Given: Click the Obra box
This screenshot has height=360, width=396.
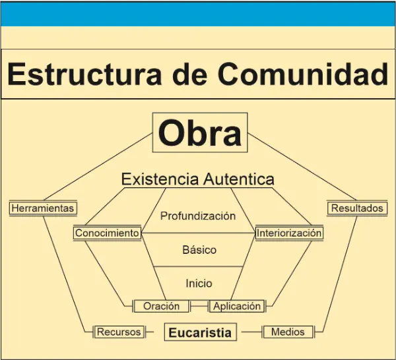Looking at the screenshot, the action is pos(200,133).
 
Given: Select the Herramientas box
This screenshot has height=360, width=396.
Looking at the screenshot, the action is pos(43,208).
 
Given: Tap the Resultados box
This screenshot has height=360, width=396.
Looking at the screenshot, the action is pos(357,208).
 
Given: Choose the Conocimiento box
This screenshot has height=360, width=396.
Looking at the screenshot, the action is pos(107,233).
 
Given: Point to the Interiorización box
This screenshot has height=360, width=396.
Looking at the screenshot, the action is pos(289,233).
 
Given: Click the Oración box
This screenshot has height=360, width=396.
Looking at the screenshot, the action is pos(162,306).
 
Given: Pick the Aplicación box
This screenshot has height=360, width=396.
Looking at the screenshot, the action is pos(237,306).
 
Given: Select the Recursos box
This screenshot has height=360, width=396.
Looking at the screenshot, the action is pos(119,332).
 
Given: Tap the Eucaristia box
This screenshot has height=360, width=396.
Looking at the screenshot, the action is pos(200,332).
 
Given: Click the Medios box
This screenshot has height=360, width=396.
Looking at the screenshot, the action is pos(288,332).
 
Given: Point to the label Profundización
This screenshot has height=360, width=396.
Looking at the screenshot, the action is pos(198,216).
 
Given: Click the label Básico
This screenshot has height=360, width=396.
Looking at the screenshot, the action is pos(199,250).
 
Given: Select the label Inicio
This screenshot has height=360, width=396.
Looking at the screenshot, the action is pos(199,284).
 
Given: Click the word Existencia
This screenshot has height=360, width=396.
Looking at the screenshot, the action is pos(160,179).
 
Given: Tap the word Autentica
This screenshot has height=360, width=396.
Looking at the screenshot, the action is pos(239,179).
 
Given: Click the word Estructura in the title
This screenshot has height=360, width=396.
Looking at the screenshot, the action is pos(84,74).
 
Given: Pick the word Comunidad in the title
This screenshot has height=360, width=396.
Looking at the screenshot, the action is pos(303,74).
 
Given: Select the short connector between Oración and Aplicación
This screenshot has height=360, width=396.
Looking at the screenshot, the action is pos(199,307).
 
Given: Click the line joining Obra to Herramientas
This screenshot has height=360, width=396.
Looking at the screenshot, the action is pos(98,167).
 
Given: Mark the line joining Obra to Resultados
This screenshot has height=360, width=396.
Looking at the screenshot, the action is pos(302,167).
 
